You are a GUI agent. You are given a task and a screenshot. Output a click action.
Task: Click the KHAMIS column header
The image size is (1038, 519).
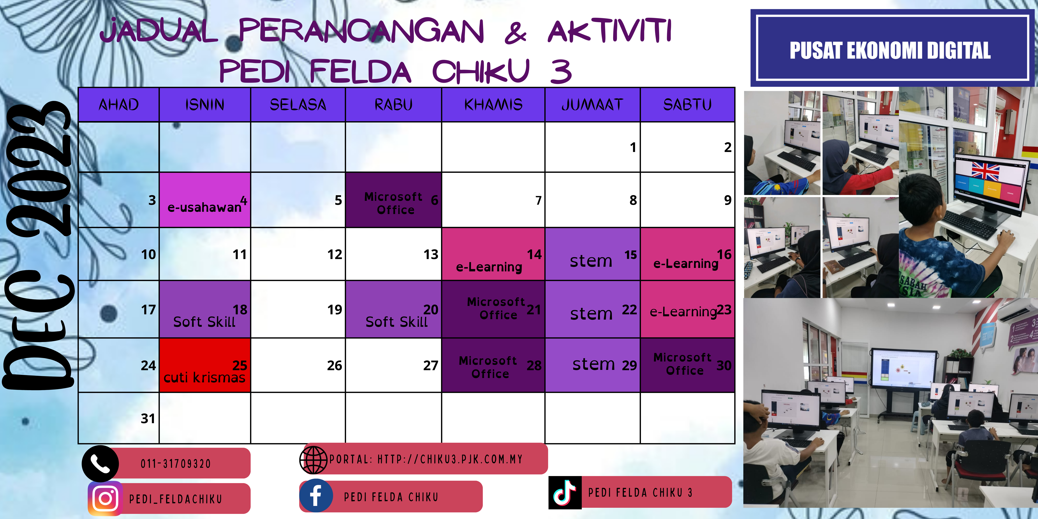[493, 105]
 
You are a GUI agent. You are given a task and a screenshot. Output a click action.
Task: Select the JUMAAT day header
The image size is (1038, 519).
[592, 105]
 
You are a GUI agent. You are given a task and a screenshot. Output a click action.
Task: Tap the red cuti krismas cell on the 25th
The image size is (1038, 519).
[205, 365]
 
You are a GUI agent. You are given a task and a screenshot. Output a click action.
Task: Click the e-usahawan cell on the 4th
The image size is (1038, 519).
[205, 200]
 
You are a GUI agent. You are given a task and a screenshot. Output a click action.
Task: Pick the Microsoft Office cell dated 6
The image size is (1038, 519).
[393, 200]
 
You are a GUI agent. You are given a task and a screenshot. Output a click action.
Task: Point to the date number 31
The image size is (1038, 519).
[148, 418]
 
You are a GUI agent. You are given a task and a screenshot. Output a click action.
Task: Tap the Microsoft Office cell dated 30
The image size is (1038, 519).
[687, 365]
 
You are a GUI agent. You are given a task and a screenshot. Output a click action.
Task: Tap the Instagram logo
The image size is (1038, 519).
[105, 498]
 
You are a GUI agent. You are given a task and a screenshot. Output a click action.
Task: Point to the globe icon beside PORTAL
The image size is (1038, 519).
[314, 460]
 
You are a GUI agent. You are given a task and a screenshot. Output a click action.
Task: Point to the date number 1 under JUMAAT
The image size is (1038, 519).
[633, 147]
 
